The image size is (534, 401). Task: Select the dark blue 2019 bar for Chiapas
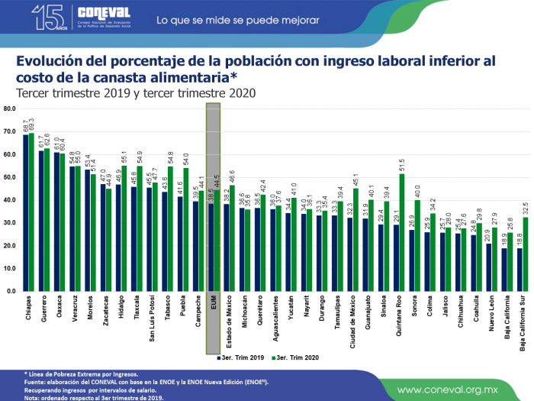pyautogui.click(x=25, y=212)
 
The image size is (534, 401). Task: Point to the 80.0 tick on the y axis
pyautogui.click(x=9, y=108)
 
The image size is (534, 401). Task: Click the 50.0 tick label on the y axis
pyautogui.click(x=9, y=177)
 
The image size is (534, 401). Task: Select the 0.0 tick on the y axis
pyautogui.click(x=11, y=292)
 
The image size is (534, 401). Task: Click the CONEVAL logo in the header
pyautogui.click(x=104, y=15)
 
